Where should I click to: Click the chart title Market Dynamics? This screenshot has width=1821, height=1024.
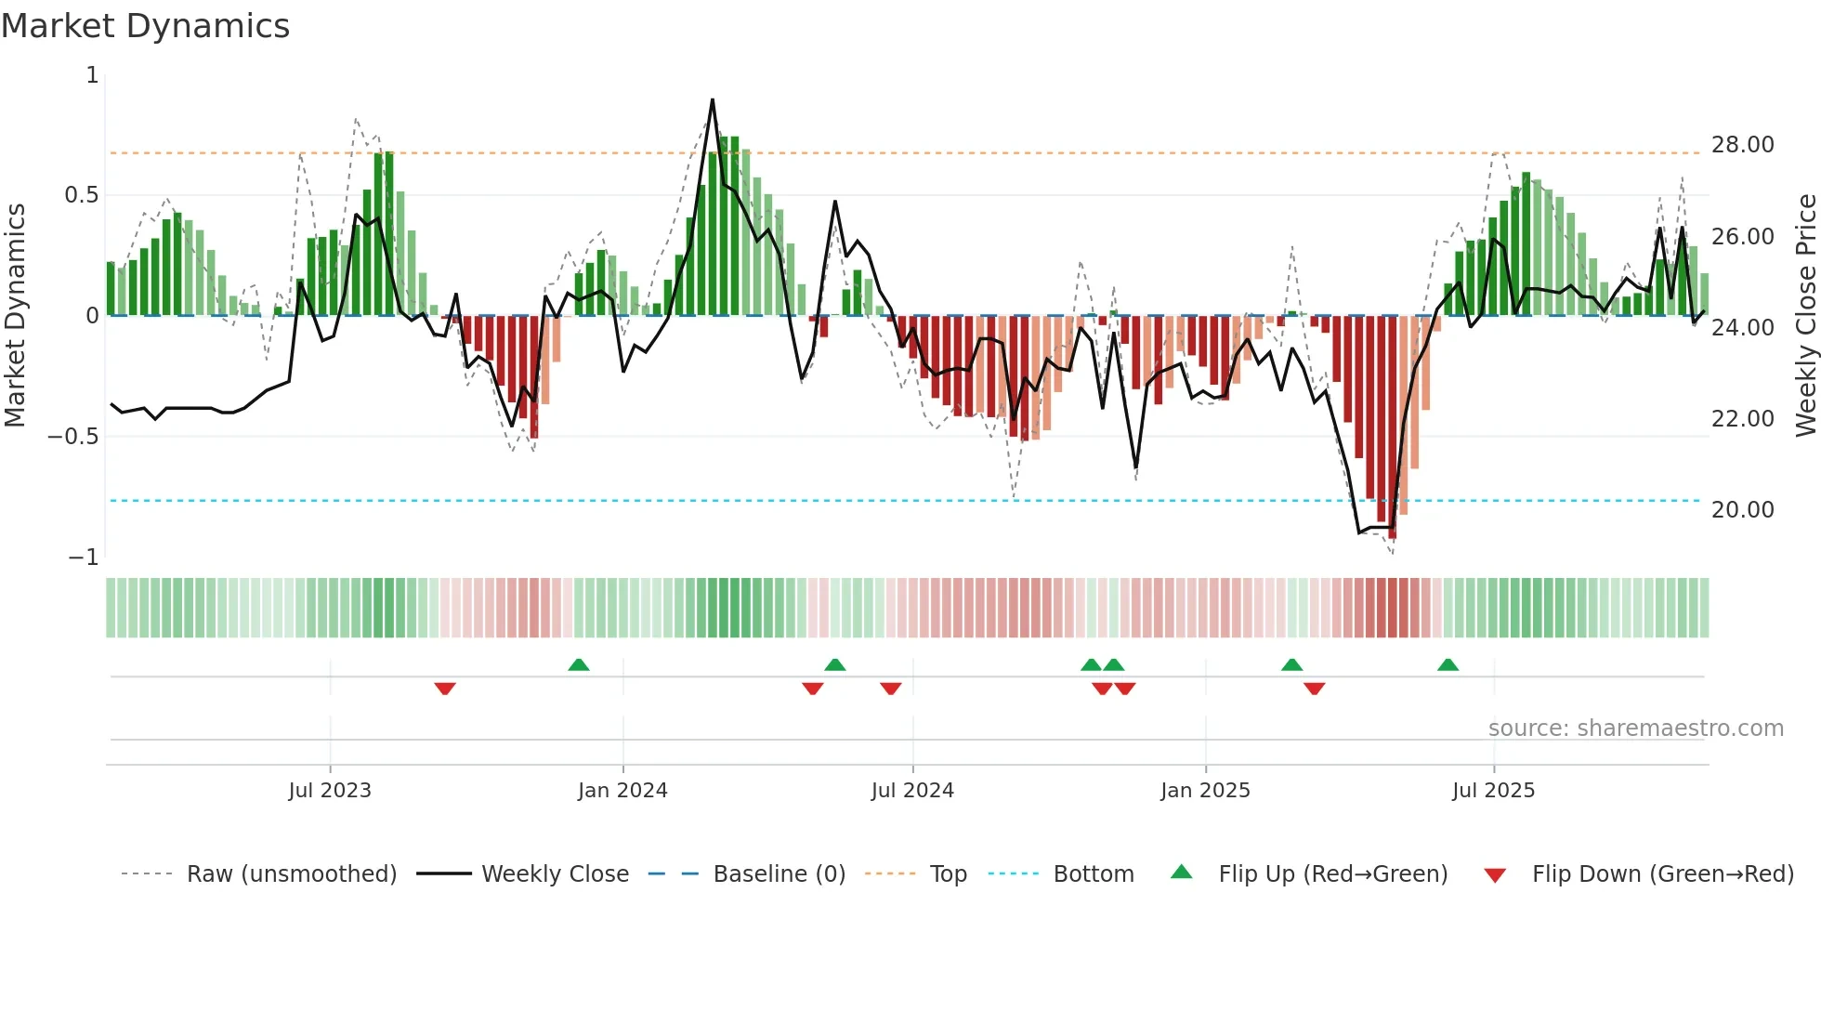click(x=145, y=26)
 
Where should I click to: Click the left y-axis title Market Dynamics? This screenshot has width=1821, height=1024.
click(x=15, y=315)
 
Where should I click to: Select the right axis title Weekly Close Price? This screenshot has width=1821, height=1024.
click(x=1805, y=315)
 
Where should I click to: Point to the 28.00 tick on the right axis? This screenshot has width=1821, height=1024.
click(x=1742, y=145)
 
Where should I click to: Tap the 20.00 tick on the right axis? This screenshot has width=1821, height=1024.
click(x=1742, y=510)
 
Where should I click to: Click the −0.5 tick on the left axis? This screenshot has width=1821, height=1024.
click(x=72, y=437)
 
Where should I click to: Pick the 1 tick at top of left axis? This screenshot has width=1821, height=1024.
click(x=92, y=75)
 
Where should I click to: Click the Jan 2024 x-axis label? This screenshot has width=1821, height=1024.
click(x=622, y=791)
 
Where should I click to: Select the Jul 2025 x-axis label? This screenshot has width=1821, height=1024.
click(x=1493, y=791)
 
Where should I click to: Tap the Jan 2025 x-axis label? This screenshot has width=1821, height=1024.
click(x=1205, y=791)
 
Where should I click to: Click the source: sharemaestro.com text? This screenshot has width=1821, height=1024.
click(x=1635, y=729)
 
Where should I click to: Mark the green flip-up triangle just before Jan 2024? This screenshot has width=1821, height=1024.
click(x=579, y=664)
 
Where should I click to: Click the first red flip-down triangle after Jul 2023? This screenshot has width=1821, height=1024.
click(x=445, y=689)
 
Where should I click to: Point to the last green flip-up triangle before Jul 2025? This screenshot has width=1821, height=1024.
click(x=1448, y=664)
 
